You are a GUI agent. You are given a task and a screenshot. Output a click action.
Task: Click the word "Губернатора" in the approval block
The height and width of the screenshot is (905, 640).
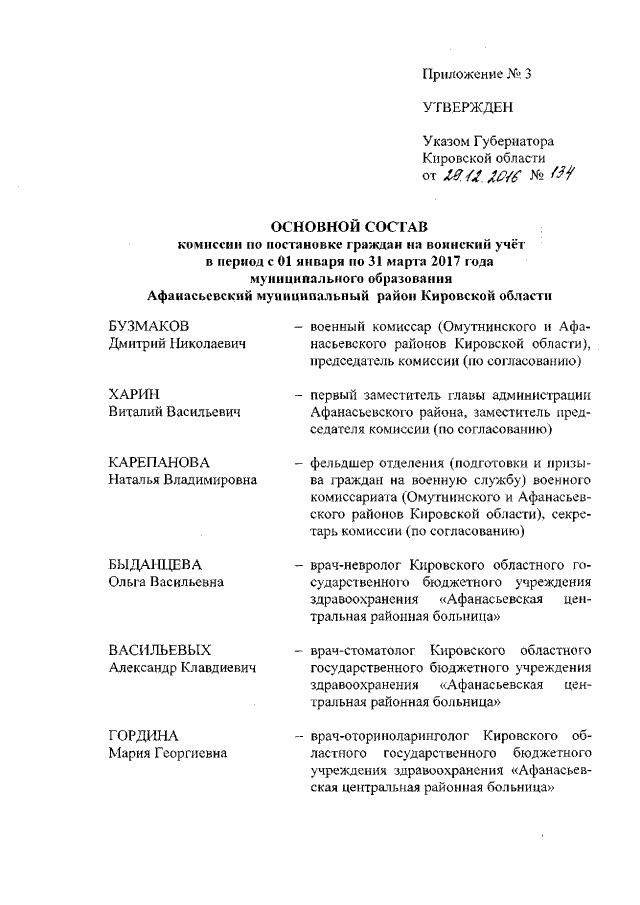pos(513,142)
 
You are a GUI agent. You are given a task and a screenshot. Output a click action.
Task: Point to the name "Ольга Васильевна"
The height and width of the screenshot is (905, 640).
pos(165,581)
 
